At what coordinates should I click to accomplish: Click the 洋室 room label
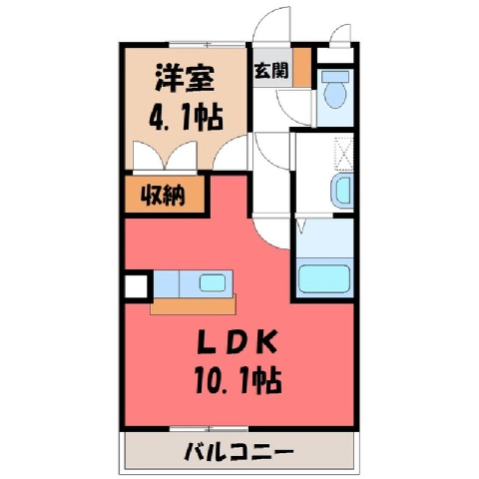tap(185, 78)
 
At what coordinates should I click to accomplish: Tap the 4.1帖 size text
tap(186, 117)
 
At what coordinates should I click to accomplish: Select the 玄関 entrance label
tap(271, 70)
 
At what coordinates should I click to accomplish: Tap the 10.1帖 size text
tap(239, 380)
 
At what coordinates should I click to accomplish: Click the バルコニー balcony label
tap(239, 452)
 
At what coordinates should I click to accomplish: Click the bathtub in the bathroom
tap(324, 278)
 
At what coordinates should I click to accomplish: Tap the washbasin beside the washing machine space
tap(342, 191)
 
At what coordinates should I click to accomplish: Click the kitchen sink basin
tap(213, 282)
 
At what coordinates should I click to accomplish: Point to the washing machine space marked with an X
tap(343, 153)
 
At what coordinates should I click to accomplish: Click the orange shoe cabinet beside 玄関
tap(302, 66)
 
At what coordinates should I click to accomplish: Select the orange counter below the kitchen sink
tap(193, 304)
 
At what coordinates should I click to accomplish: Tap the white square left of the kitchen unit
tap(136, 286)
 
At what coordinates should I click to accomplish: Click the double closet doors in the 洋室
tap(165, 156)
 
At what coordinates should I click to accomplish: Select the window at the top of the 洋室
tap(208, 45)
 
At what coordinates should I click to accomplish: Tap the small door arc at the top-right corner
tap(339, 32)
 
